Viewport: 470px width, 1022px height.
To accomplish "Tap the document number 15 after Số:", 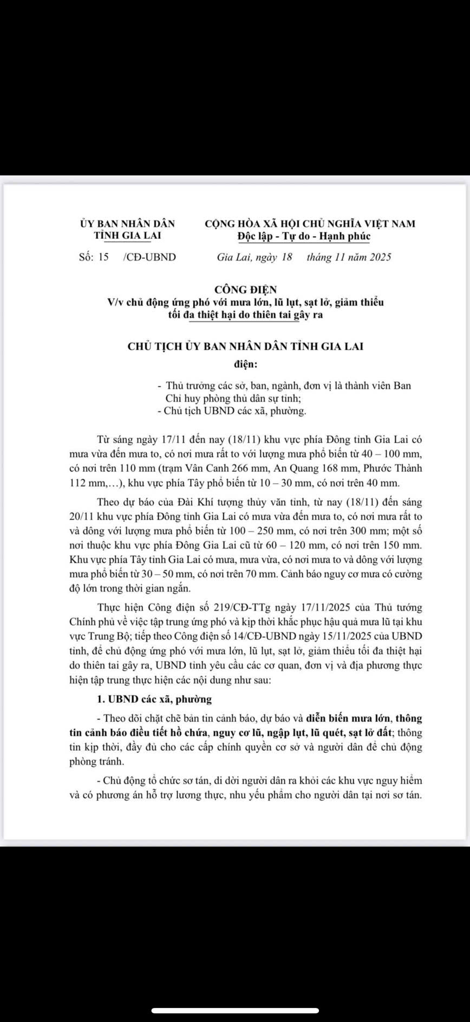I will click(x=103, y=257).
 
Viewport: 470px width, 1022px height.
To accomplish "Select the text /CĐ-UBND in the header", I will click(x=149, y=257).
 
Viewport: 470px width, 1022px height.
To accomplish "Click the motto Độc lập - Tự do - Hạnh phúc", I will click(x=304, y=236).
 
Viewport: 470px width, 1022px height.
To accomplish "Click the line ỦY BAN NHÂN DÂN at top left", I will click(x=127, y=223).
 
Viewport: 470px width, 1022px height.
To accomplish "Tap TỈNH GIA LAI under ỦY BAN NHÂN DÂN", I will click(x=127, y=236).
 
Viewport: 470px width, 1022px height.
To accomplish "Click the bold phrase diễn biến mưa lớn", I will click(x=348, y=719).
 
